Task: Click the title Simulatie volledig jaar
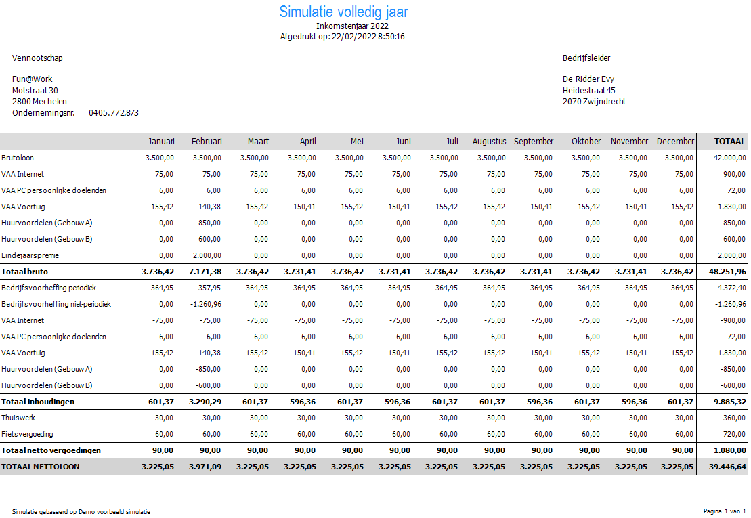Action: (343, 12)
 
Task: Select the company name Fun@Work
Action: (33, 79)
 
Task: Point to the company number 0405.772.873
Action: (113, 113)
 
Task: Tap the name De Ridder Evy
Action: (588, 79)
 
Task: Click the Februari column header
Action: (207, 142)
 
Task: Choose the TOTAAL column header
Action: (729, 142)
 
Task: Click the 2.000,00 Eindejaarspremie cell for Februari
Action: (207, 255)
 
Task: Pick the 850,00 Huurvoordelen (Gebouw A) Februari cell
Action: (211, 223)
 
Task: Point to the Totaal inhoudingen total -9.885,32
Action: (729, 402)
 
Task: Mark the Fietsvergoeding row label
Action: (27, 434)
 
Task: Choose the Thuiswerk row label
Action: (18, 418)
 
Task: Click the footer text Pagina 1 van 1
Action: (725, 511)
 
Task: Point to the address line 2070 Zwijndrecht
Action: (594, 102)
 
